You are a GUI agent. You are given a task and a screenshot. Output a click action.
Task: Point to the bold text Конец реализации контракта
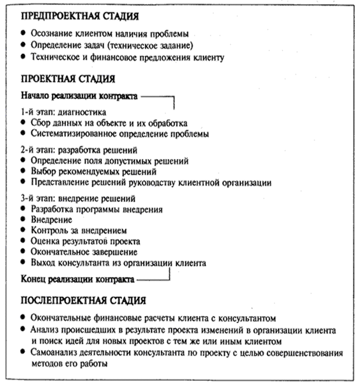(x=77, y=277)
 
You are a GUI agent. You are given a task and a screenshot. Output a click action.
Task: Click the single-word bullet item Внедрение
(x=51, y=220)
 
